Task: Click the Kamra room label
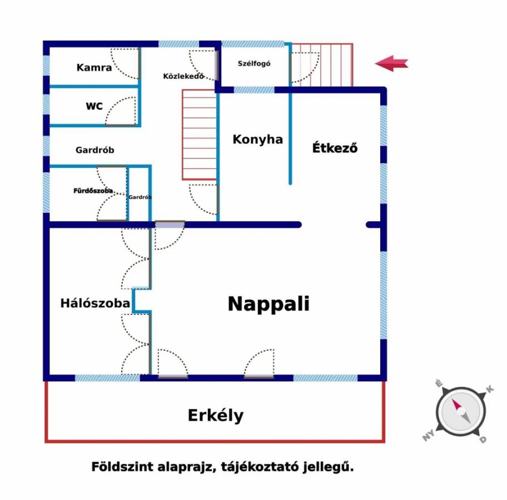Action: point(94,68)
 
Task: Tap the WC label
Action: point(94,106)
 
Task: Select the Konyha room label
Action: point(258,139)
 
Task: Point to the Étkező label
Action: point(335,147)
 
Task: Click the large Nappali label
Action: point(269,304)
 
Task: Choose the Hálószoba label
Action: point(95,303)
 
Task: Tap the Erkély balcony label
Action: point(216,416)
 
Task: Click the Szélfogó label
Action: point(254,64)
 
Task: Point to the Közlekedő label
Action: point(183,76)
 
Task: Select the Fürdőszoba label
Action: point(93,191)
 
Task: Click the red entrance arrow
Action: point(391,63)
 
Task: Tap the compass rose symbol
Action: point(461,412)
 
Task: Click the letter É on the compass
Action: point(439,384)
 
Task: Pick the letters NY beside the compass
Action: point(429,436)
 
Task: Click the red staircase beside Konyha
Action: point(199,135)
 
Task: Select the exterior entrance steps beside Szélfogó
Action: point(322,65)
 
